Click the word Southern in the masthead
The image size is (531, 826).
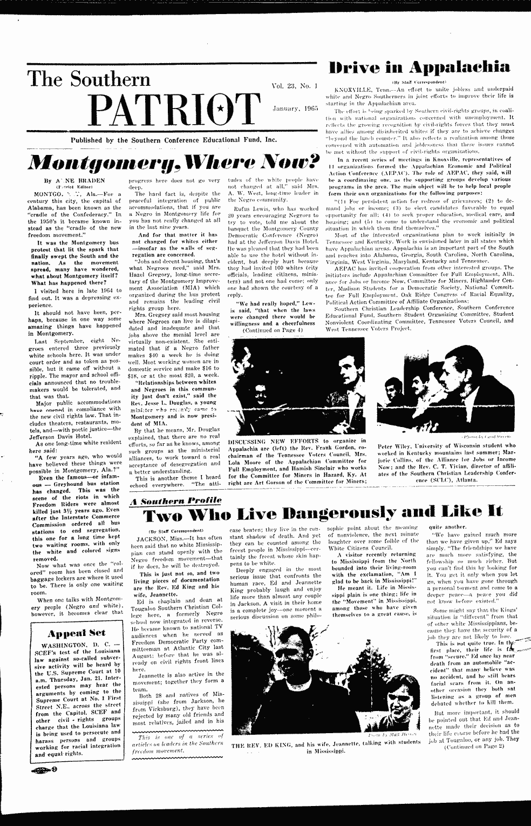107,79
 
